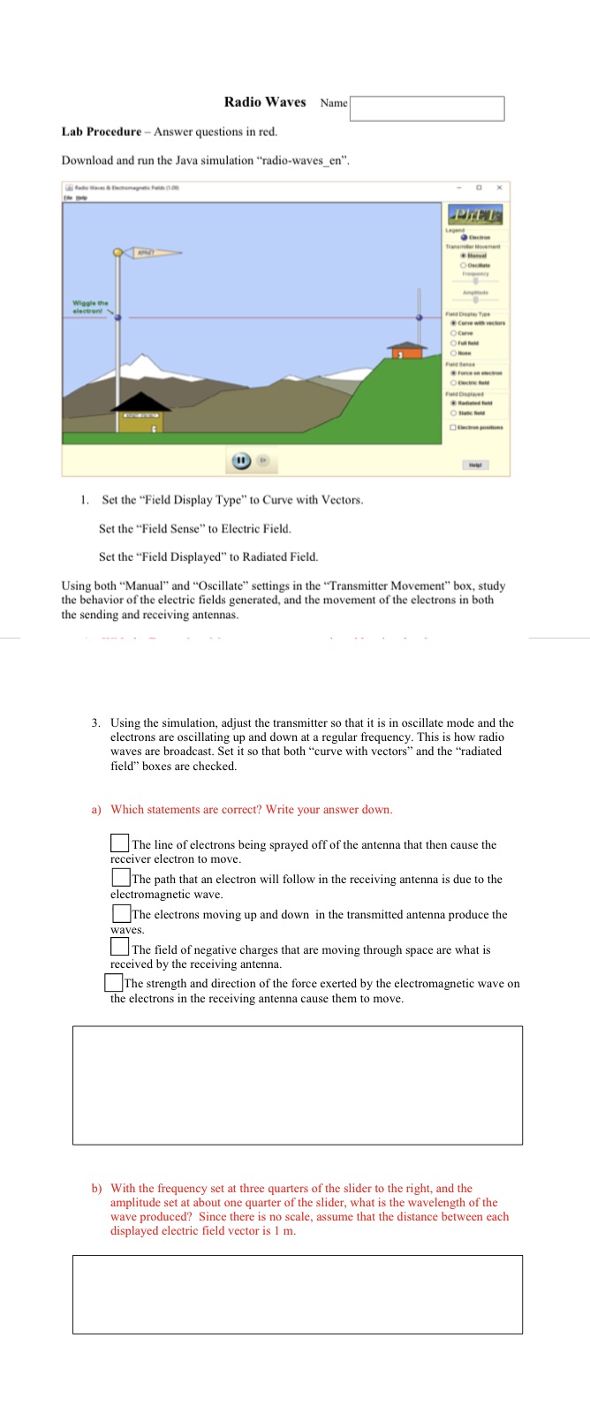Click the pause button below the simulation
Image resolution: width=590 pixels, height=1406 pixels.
tap(239, 460)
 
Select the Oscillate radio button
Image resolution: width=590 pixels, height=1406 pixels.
tap(464, 265)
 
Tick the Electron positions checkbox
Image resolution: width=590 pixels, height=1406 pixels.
tap(453, 427)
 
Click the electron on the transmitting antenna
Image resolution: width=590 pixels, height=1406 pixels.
tap(117, 315)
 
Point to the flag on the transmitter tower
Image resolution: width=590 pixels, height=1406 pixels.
tap(155, 253)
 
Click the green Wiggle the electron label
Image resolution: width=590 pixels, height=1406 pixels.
tap(89, 306)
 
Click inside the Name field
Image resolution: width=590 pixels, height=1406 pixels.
tap(427, 109)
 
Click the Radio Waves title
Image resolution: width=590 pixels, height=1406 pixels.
tap(265, 102)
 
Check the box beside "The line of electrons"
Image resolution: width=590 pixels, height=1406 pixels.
tap(120, 843)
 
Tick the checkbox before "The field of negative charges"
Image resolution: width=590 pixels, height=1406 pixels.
tap(120, 947)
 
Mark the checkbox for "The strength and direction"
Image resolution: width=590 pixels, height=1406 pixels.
tap(114, 982)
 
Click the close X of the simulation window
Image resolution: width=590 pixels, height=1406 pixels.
tap(499, 188)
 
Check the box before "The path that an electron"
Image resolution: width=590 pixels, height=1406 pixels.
tap(120, 878)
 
